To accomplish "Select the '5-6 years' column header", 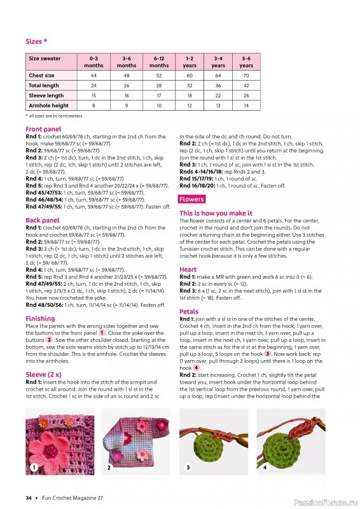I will (246, 62).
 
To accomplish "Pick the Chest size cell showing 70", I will (246, 75).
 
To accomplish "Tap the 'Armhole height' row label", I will (48, 106).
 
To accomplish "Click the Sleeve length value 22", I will (218, 95).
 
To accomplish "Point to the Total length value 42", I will (246, 85).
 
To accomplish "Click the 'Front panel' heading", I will (43, 129).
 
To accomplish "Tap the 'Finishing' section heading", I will (40, 318).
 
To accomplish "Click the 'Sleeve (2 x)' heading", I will (45, 375).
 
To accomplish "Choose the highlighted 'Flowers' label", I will (191, 199).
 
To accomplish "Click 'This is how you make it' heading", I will (216, 213).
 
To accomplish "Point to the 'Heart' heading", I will (188, 270).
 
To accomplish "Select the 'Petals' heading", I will (189, 312).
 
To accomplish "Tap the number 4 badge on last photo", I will (265, 468).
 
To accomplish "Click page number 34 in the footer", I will (29, 498).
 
